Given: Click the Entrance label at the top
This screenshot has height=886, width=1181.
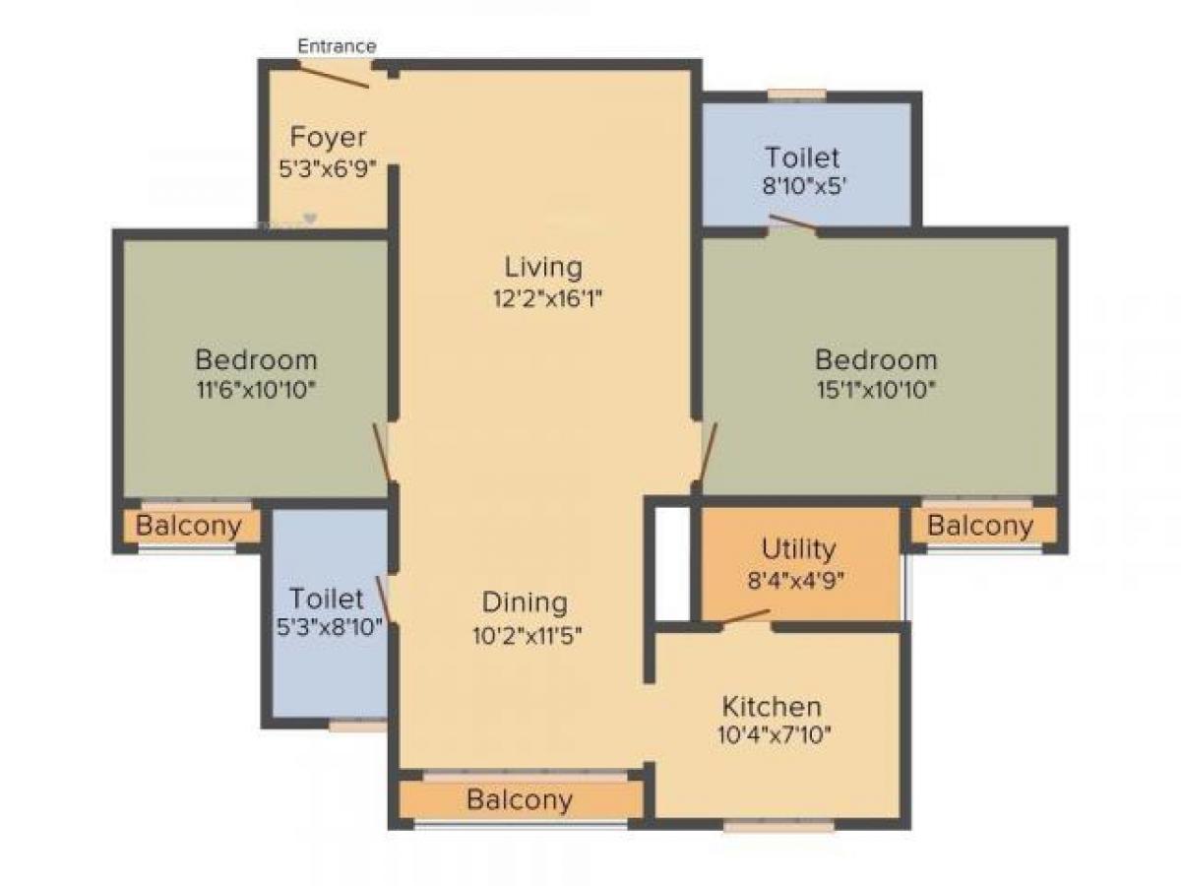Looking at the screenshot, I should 337,46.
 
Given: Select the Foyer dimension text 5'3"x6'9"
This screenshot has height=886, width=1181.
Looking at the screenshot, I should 328,168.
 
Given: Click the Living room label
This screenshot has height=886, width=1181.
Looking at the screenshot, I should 543,267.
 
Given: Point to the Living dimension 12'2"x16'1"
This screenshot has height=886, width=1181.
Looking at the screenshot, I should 547,299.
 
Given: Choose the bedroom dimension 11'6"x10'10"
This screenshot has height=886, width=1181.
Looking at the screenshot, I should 255,389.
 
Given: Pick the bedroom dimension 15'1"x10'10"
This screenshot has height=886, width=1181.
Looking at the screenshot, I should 875,389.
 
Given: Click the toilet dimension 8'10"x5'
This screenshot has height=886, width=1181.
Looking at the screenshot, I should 803,187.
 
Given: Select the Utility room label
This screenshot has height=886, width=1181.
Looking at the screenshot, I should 798,548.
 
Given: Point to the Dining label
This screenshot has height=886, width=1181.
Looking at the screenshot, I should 525,602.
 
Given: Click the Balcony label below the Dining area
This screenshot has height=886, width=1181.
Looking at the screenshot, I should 519,799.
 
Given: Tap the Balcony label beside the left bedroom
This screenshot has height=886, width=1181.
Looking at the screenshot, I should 188,526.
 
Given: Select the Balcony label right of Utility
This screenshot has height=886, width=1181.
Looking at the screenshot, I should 979,526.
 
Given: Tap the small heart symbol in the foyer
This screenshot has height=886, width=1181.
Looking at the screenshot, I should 310,219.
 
